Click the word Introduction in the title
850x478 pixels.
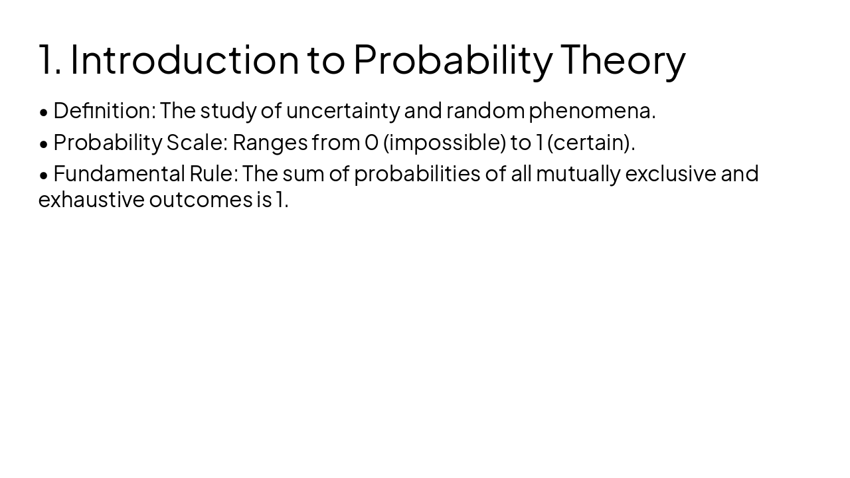(185, 59)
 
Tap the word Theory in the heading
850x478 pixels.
(623, 59)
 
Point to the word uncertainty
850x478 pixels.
(343, 111)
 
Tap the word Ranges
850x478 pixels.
(270, 142)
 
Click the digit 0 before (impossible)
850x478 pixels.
(371, 142)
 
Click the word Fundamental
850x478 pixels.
(119, 173)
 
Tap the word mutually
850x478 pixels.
(578, 173)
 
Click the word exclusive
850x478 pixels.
(671, 173)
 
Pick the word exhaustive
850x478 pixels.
(91, 199)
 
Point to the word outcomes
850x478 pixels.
(201, 199)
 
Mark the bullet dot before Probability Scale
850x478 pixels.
(44, 143)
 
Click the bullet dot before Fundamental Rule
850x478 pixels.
(44, 175)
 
